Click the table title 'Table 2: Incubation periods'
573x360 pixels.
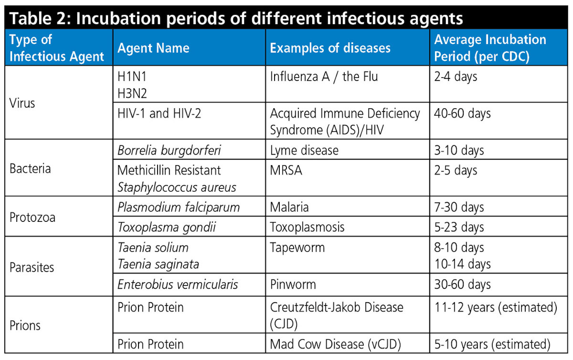pyautogui.click(x=236, y=18)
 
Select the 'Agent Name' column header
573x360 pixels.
pyautogui.click(x=153, y=48)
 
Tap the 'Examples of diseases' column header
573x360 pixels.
pyautogui.click(x=330, y=48)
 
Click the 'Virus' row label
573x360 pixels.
pyautogui.click(x=22, y=103)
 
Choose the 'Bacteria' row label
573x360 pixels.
pyautogui.click(x=30, y=168)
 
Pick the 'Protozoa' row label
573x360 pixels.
pyautogui.click(x=32, y=217)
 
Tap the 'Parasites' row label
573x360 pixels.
pyautogui.click(x=32, y=267)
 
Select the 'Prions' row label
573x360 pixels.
pyautogui.click(x=25, y=325)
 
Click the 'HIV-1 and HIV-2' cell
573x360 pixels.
pyautogui.click(x=159, y=113)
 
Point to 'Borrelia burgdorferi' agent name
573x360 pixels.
pyautogui.click(x=169, y=150)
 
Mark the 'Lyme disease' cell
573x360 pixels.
pyautogui.click(x=304, y=150)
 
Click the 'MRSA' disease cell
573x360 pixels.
pyautogui.click(x=286, y=170)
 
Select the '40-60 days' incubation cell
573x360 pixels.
pyautogui.click(x=462, y=113)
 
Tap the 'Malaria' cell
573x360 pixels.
pyautogui.click(x=289, y=207)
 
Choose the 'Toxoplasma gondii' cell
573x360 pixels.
pyautogui.click(x=166, y=227)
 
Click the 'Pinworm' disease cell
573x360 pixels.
pyautogui.click(x=292, y=284)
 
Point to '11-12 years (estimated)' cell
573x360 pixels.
pyautogui.click(x=495, y=307)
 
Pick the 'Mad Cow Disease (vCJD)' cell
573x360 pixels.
pyautogui.click(x=335, y=344)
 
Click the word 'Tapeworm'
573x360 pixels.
pyautogui.click(x=297, y=247)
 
